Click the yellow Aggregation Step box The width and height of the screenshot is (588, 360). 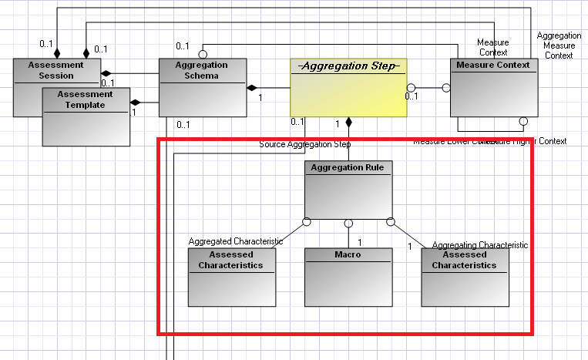pyautogui.click(x=348, y=88)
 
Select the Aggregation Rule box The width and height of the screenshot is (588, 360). pyautogui.click(x=348, y=190)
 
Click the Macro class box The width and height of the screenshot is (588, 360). pyautogui.click(x=348, y=277)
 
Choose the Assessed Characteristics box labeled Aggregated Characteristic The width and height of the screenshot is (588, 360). pyautogui.click(x=231, y=277)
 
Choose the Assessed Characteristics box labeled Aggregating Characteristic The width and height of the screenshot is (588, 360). pyautogui.click(x=464, y=277)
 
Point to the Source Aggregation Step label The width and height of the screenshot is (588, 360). pyautogui.click(x=305, y=144)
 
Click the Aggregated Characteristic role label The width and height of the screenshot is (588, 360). pyautogui.click(x=236, y=241)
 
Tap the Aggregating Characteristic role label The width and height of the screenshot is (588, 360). pyautogui.click(x=479, y=245)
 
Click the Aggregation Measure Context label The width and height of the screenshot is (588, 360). pyautogui.click(x=559, y=45)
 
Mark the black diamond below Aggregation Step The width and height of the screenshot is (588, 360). pyautogui.click(x=348, y=122)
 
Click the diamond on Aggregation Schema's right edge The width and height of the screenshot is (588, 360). pyautogui.click(x=253, y=88)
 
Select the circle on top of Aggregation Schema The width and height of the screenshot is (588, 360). pyautogui.click(x=203, y=54)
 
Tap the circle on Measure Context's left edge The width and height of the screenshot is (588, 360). pyautogui.click(x=445, y=88)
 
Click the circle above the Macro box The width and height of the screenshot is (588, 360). pyautogui.click(x=348, y=224)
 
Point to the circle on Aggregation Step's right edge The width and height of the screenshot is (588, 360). pyautogui.click(x=412, y=88)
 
